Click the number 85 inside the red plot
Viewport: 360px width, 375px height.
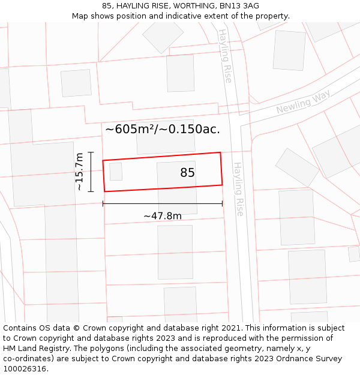click(x=188, y=173)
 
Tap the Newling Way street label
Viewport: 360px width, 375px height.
click(x=303, y=103)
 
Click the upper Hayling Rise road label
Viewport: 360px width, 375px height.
click(x=225, y=55)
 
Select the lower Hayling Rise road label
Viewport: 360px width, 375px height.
click(x=239, y=189)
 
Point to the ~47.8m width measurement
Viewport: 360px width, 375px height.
click(x=162, y=216)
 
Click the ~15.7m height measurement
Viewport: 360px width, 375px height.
click(x=79, y=172)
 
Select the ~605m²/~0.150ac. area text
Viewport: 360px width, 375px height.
click(x=163, y=129)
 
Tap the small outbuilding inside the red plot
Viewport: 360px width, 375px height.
click(x=116, y=172)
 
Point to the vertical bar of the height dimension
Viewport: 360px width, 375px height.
click(x=91, y=172)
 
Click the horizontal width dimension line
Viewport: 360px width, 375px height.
click(x=163, y=203)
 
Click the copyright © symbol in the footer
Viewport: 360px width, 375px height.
click(x=76, y=328)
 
